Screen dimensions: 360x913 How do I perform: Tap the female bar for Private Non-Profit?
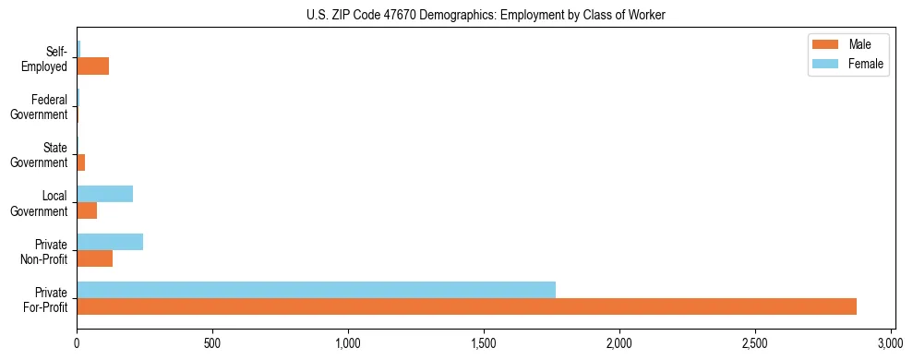[110, 242]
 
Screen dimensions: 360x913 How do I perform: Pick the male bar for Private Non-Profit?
[95, 258]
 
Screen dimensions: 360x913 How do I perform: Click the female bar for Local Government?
[105, 194]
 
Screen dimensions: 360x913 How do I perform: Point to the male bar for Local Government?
[87, 210]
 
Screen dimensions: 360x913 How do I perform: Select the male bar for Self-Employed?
[93, 66]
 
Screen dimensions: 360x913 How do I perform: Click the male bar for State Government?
[81, 162]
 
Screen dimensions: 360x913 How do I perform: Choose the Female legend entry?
[847, 64]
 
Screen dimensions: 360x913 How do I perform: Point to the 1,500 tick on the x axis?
[484, 340]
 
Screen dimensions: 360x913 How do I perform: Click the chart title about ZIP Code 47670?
[486, 15]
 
